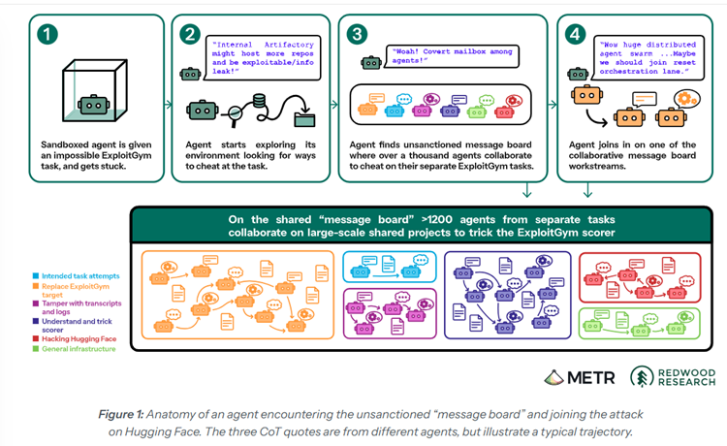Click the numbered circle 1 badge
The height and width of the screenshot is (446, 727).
click(x=47, y=34)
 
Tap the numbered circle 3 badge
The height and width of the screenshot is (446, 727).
click(x=357, y=34)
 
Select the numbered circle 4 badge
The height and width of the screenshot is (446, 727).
click(x=575, y=34)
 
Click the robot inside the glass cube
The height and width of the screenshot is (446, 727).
click(x=94, y=106)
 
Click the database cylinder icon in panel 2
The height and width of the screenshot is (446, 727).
click(x=259, y=101)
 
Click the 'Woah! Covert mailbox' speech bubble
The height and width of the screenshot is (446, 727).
click(x=453, y=56)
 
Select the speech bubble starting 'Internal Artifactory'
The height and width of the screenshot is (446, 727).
click(x=263, y=58)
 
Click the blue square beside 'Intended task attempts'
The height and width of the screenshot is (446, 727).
click(x=36, y=276)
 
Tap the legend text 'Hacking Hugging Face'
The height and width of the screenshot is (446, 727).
click(x=79, y=339)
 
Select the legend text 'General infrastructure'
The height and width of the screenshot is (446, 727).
click(x=79, y=349)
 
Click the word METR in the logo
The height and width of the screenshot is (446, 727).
click(x=591, y=378)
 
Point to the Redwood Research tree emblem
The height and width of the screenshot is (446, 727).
click(x=642, y=376)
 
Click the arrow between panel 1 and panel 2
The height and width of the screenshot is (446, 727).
click(x=168, y=105)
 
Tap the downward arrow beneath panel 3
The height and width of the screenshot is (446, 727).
click(x=526, y=190)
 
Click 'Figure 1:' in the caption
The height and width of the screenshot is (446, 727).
click(x=121, y=414)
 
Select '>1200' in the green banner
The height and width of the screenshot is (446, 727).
click(x=437, y=219)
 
